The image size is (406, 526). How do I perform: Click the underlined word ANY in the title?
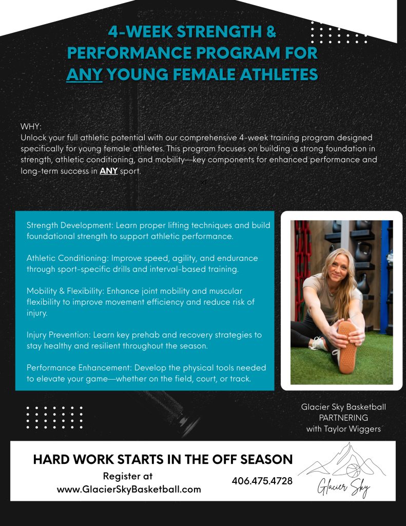pos(84,74)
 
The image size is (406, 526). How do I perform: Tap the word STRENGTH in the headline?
pos(219,32)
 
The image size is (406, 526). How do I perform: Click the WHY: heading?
pos(31,126)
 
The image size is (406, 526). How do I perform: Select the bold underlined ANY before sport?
pos(109,171)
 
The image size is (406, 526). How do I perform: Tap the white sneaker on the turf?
pos(317,344)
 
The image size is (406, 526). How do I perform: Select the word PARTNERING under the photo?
pos(343,418)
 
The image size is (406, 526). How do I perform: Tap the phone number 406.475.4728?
pos(262,481)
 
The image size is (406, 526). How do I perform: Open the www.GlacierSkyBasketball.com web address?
pos(129,490)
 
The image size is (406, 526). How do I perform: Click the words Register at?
pos(128,476)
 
